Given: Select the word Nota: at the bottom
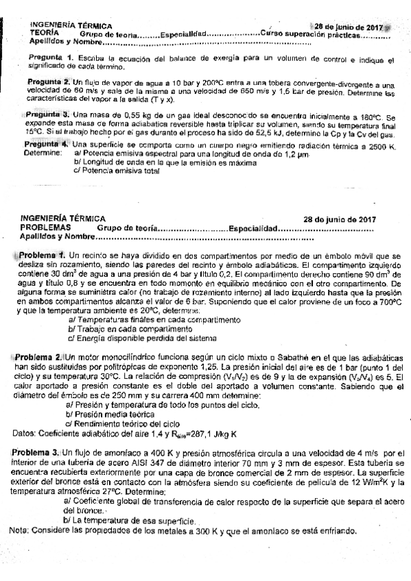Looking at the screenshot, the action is [20, 531].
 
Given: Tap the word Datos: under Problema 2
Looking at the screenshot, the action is [27, 434].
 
